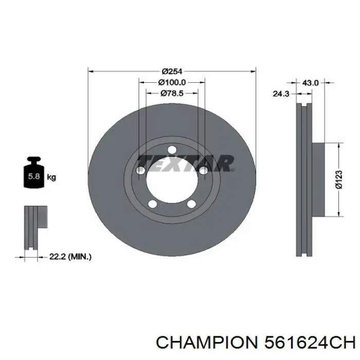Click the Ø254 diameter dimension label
click(x=173, y=71)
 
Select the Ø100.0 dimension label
click(x=172, y=82)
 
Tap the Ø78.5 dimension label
click(x=172, y=93)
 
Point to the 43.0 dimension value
click(x=311, y=82)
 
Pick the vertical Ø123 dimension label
click(x=338, y=179)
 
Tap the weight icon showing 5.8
click(x=33, y=175)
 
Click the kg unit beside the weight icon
click(x=51, y=177)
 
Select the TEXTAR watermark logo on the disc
click(x=186, y=164)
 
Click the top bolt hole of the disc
click(x=172, y=151)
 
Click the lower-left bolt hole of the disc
click(x=152, y=205)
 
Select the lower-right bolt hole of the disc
click(x=191, y=205)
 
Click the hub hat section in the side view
click(x=318, y=179)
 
